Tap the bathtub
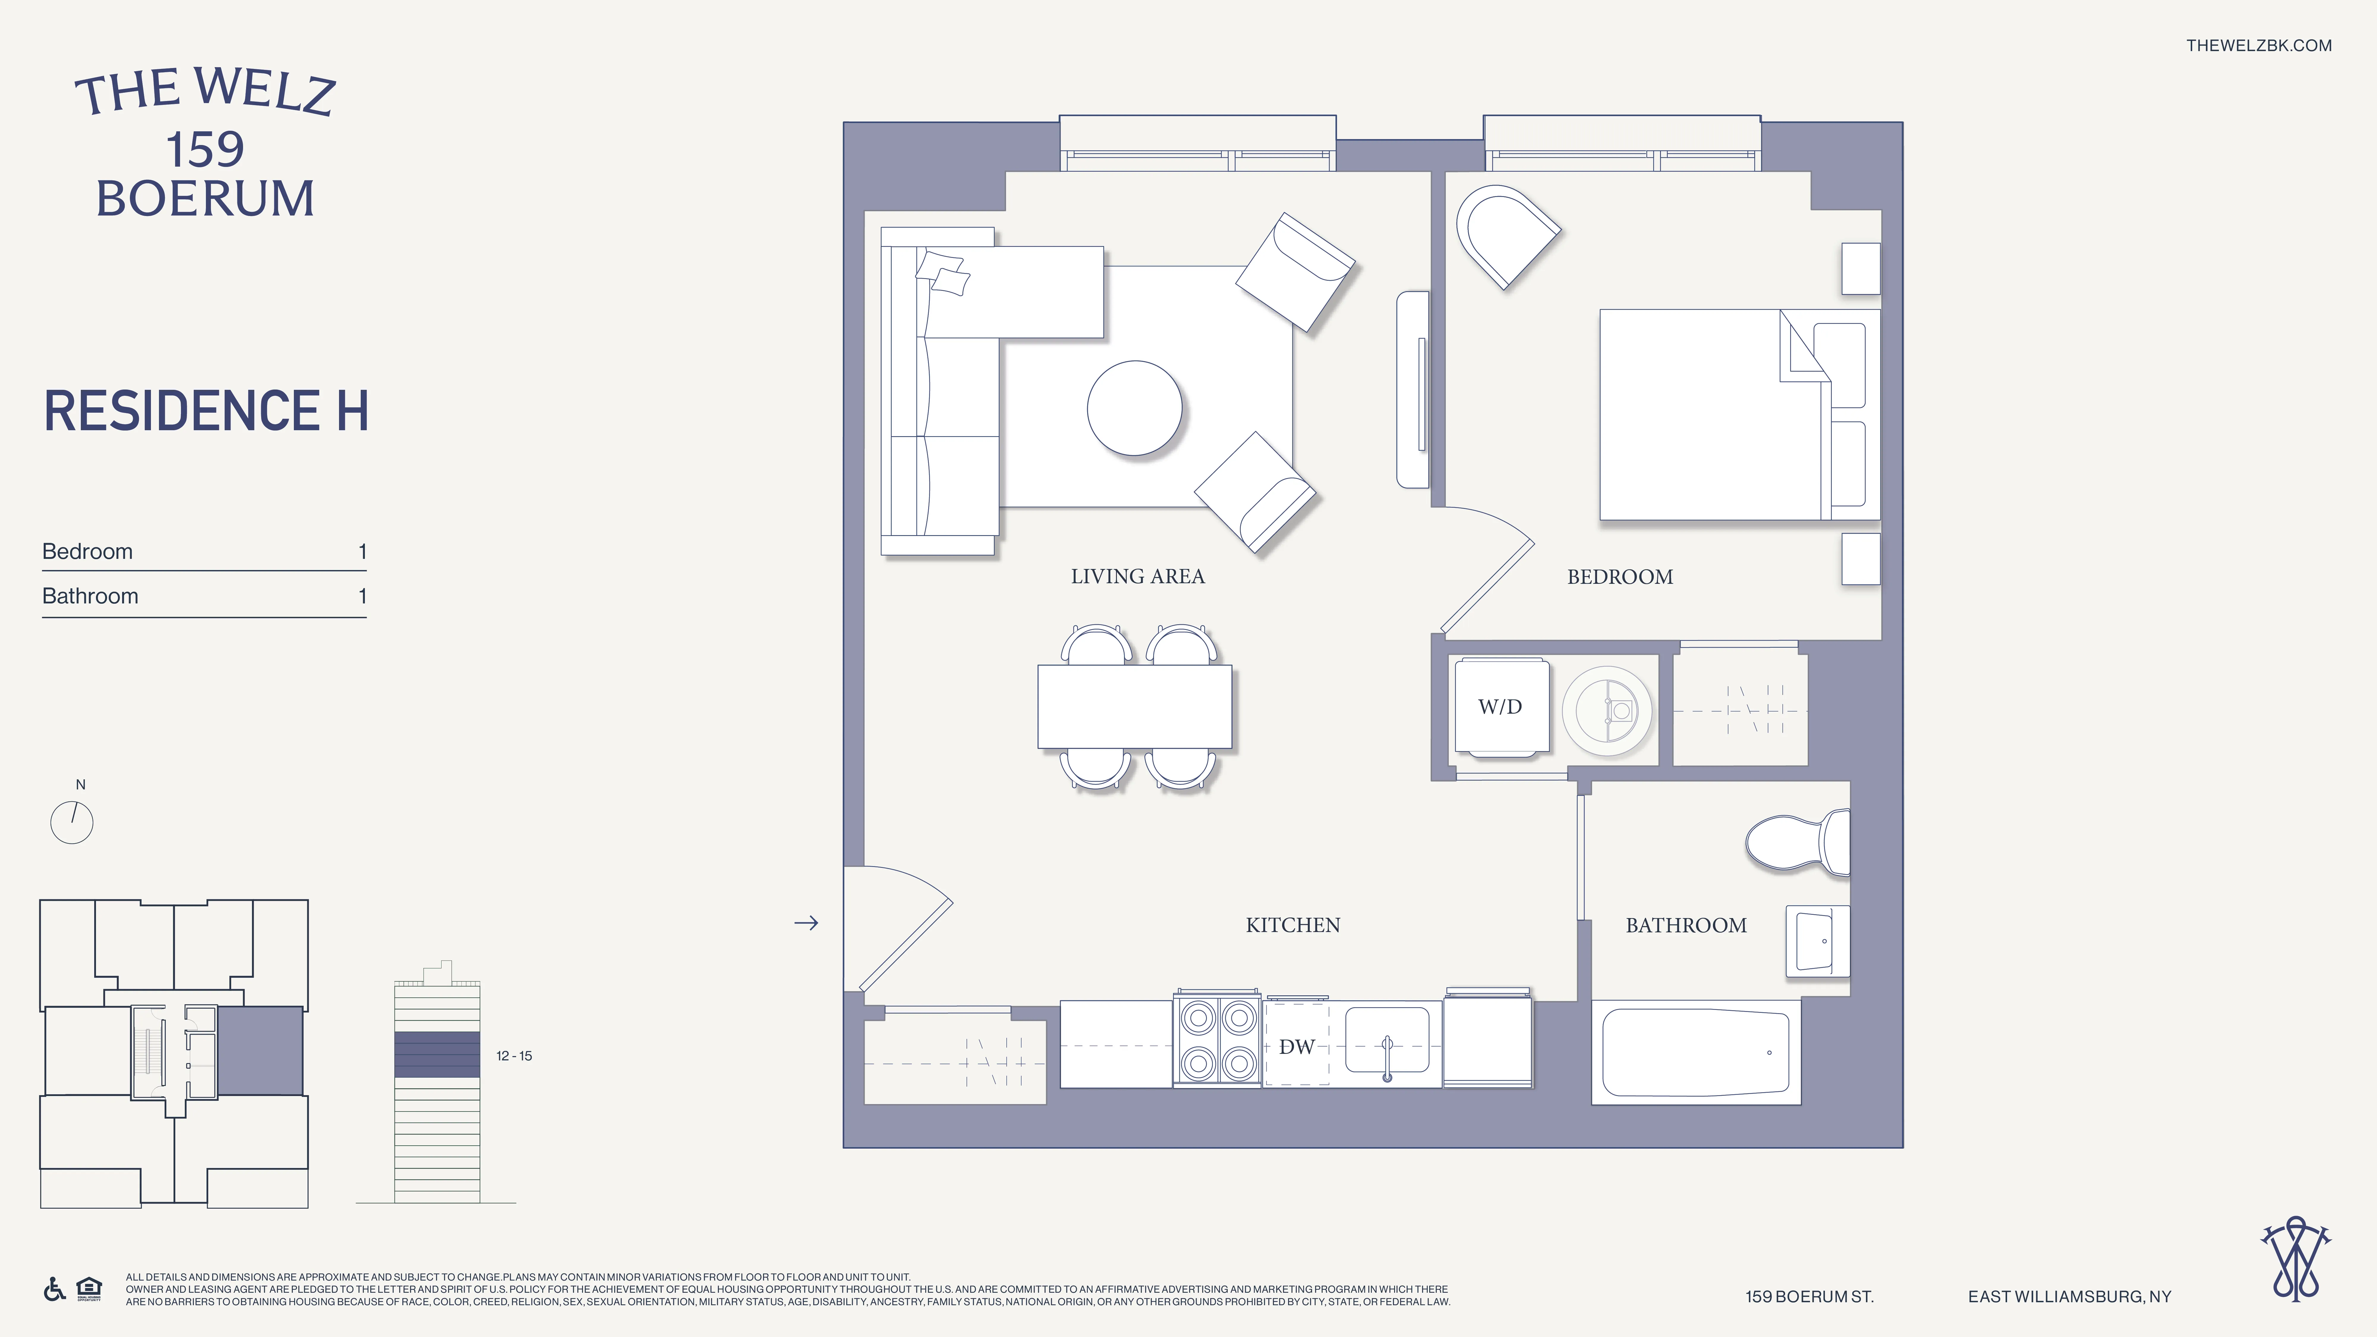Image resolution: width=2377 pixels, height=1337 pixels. click(1695, 1052)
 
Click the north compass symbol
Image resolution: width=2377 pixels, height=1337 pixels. click(72, 821)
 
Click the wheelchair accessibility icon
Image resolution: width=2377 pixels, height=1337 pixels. click(54, 1289)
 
